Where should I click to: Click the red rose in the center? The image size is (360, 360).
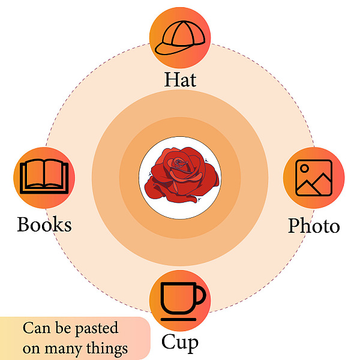pyautogui.click(x=181, y=175)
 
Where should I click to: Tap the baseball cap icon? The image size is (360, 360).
pyautogui.click(x=180, y=38)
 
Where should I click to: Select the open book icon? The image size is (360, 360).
pyautogui.click(x=44, y=176)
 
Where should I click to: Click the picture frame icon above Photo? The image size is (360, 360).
pyautogui.click(x=314, y=178)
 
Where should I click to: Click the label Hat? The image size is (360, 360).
pyautogui.click(x=180, y=80)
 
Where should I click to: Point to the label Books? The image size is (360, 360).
pyautogui.click(x=44, y=224)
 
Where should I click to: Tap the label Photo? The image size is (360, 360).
pyautogui.click(x=314, y=226)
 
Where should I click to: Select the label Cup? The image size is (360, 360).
pyautogui.click(x=180, y=343)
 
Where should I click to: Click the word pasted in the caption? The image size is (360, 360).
pyautogui.click(x=97, y=328)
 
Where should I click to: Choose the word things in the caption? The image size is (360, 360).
pyautogui.click(x=107, y=349)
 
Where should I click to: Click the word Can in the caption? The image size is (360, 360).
pyautogui.click(x=37, y=328)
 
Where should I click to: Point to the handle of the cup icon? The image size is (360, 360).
pyautogui.click(x=201, y=295)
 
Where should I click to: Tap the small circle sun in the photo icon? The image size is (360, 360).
pyautogui.click(x=304, y=168)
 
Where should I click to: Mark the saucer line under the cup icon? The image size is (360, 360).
pyautogui.click(x=178, y=319)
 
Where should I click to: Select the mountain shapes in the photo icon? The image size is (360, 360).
pyautogui.click(x=314, y=184)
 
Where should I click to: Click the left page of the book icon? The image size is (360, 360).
pyautogui.click(x=34, y=174)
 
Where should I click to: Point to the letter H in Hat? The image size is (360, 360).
pyautogui.click(x=171, y=79)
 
